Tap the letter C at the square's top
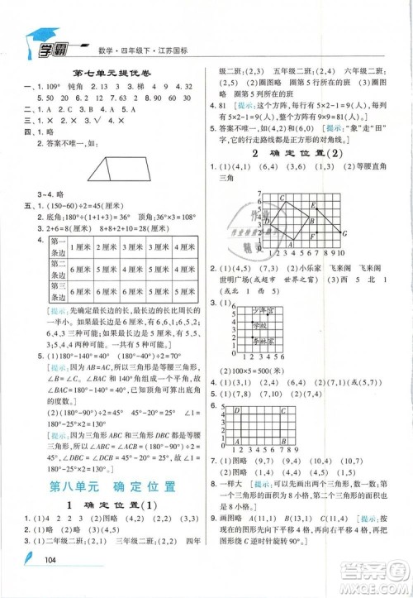point(282,198)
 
